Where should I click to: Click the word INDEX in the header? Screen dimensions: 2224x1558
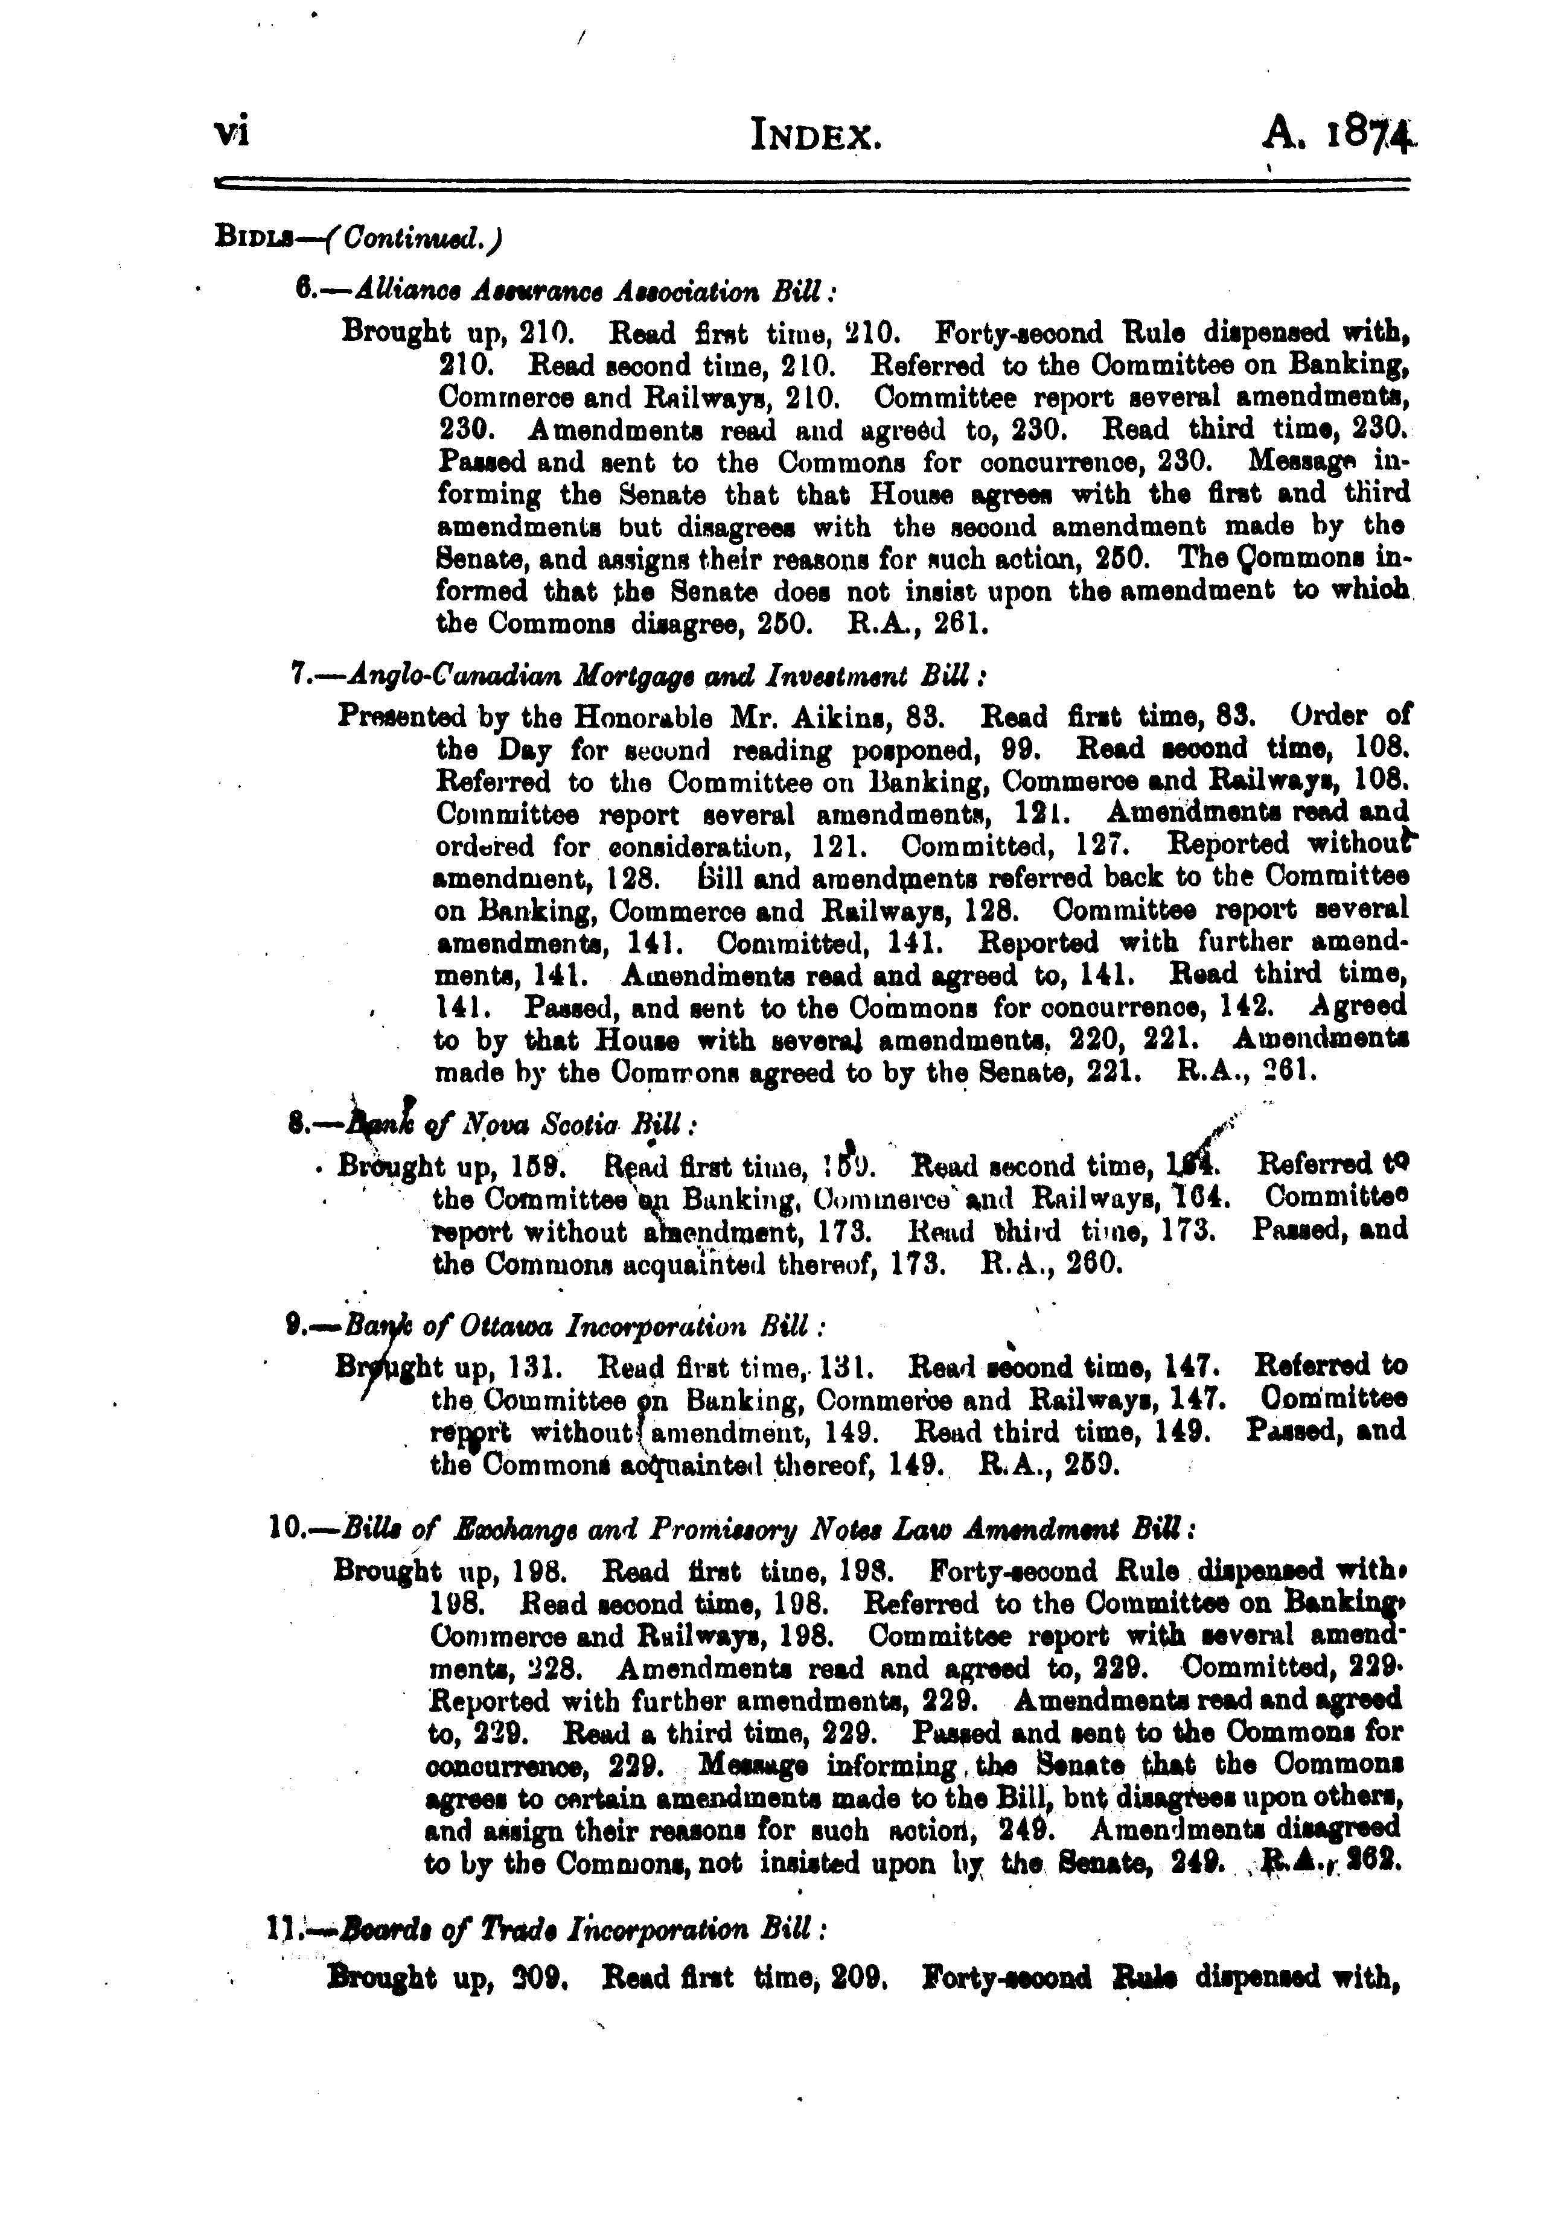pyautogui.click(x=816, y=138)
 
